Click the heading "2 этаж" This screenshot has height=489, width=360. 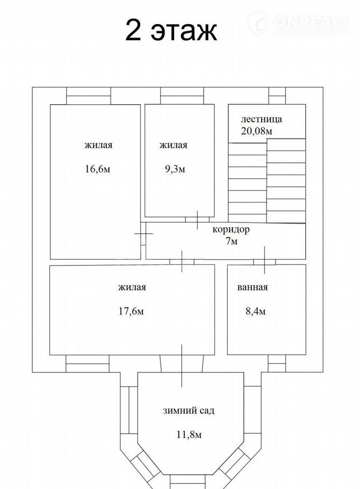pyautogui.click(x=171, y=30)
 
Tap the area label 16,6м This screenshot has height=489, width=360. pyautogui.click(x=98, y=169)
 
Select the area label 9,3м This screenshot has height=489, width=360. pyautogui.click(x=175, y=169)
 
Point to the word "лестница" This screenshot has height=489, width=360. pyautogui.click(x=262, y=119)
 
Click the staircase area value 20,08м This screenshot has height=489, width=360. pyautogui.click(x=256, y=131)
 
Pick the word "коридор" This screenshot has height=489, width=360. pyautogui.click(x=231, y=230)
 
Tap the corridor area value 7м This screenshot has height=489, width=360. pyautogui.click(x=232, y=241)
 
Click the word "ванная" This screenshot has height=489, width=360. pyautogui.click(x=253, y=287)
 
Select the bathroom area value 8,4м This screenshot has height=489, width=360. pyautogui.click(x=256, y=311)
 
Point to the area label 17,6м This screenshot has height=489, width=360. pyautogui.click(x=131, y=311)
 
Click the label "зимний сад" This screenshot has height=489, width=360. pyautogui.click(x=189, y=411)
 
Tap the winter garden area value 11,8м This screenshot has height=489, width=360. pyautogui.click(x=189, y=434)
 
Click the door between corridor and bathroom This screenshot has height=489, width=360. pyautogui.click(x=264, y=261)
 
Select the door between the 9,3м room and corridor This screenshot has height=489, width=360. pyautogui.click(x=197, y=220)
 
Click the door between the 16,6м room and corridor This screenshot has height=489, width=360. pyautogui.click(x=143, y=234)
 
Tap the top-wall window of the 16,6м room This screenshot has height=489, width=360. pyautogui.click(x=89, y=96)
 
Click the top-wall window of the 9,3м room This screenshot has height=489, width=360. pyautogui.click(x=182, y=96)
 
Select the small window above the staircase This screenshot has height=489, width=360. pyautogui.click(x=277, y=96)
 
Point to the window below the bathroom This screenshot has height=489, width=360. pyautogui.click(x=277, y=363)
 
